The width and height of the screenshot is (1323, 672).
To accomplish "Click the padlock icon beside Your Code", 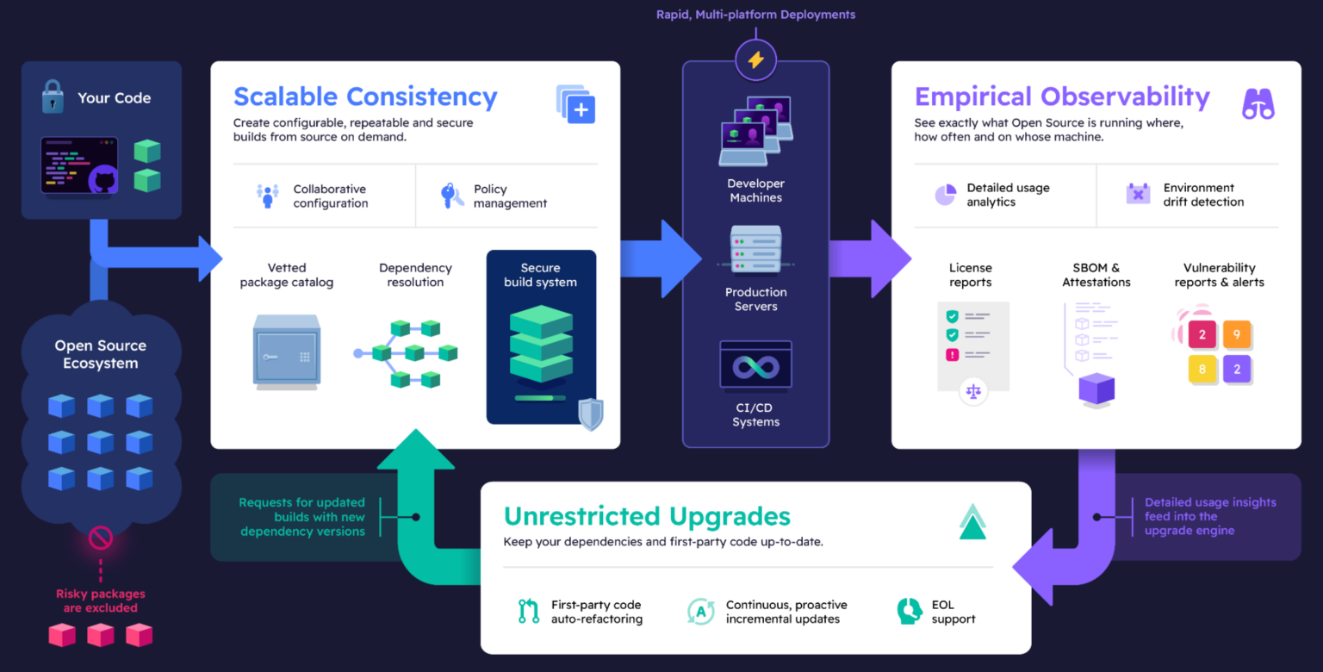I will coord(53,97).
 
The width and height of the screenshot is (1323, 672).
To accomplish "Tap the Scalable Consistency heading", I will coord(365,96).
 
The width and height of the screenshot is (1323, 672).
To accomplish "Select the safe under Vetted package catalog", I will coord(286,351).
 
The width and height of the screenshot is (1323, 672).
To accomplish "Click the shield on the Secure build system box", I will coord(590,414).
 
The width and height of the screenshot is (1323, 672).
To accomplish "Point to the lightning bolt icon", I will coord(755,59).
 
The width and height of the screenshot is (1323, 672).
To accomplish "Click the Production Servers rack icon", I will coord(755,249).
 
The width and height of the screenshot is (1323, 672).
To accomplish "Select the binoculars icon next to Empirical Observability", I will coord(1258,103).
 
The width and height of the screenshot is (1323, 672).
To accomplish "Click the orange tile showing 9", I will coord(1237,334).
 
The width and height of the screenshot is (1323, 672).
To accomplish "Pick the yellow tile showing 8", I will coord(1202,370).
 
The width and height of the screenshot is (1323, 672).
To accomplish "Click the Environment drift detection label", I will coord(1203,195).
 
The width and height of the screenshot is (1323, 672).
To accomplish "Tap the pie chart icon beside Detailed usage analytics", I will coord(946,195).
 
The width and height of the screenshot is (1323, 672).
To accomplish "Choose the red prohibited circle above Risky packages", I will coord(101,539).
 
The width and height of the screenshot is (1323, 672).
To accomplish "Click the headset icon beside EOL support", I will coord(909,611).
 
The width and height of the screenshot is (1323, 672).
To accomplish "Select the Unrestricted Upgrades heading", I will coord(647,516).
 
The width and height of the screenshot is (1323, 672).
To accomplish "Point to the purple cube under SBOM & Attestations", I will coord(1096,389).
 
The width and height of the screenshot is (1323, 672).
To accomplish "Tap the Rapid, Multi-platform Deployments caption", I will coord(755,15).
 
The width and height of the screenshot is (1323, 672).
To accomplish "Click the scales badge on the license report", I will coord(973,390).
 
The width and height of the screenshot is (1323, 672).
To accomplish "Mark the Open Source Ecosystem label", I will coord(101,354).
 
